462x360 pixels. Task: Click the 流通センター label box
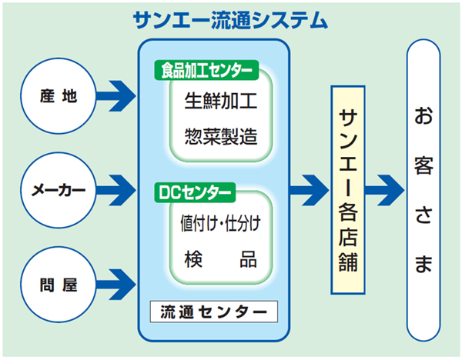point(214,312)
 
